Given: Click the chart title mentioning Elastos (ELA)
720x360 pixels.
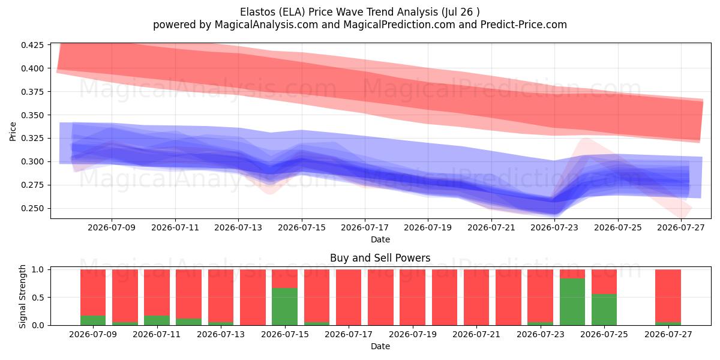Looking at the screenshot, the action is [x=359, y=12].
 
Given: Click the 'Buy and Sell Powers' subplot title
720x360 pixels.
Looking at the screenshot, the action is [x=380, y=258].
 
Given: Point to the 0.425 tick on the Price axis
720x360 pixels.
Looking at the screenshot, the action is [x=32, y=44].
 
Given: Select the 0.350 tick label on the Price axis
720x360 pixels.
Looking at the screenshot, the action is [x=32, y=115].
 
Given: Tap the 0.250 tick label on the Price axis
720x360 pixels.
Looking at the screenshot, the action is [x=32, y=208].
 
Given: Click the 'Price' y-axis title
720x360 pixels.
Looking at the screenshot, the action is [x=13, y=131].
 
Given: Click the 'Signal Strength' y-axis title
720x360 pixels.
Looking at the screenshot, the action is [x=22, y=296].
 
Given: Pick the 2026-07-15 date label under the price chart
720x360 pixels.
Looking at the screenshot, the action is [x=301, y=227].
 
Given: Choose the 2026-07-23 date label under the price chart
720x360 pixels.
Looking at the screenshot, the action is [x=554, y=227].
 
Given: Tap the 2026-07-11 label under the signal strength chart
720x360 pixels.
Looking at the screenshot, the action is [x=157, y=334].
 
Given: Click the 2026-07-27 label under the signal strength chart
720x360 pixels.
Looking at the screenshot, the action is [x=668, y=334].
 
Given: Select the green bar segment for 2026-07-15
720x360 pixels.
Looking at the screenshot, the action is [x=284, y=307].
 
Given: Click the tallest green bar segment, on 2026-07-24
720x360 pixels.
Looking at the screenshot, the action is [x=572, y=302].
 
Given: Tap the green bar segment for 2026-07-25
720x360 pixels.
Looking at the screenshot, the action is [x=604, y=310].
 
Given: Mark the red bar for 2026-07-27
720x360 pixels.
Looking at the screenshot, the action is [x=668, y=296].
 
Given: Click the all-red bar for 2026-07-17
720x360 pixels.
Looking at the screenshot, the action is [x=349, y=298].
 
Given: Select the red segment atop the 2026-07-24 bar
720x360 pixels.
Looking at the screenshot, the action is [x=572, y=274].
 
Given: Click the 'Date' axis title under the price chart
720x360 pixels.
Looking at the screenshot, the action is [x=380, y=239].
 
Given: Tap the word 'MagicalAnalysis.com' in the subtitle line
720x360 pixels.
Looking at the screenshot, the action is [x=266, y=25].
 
